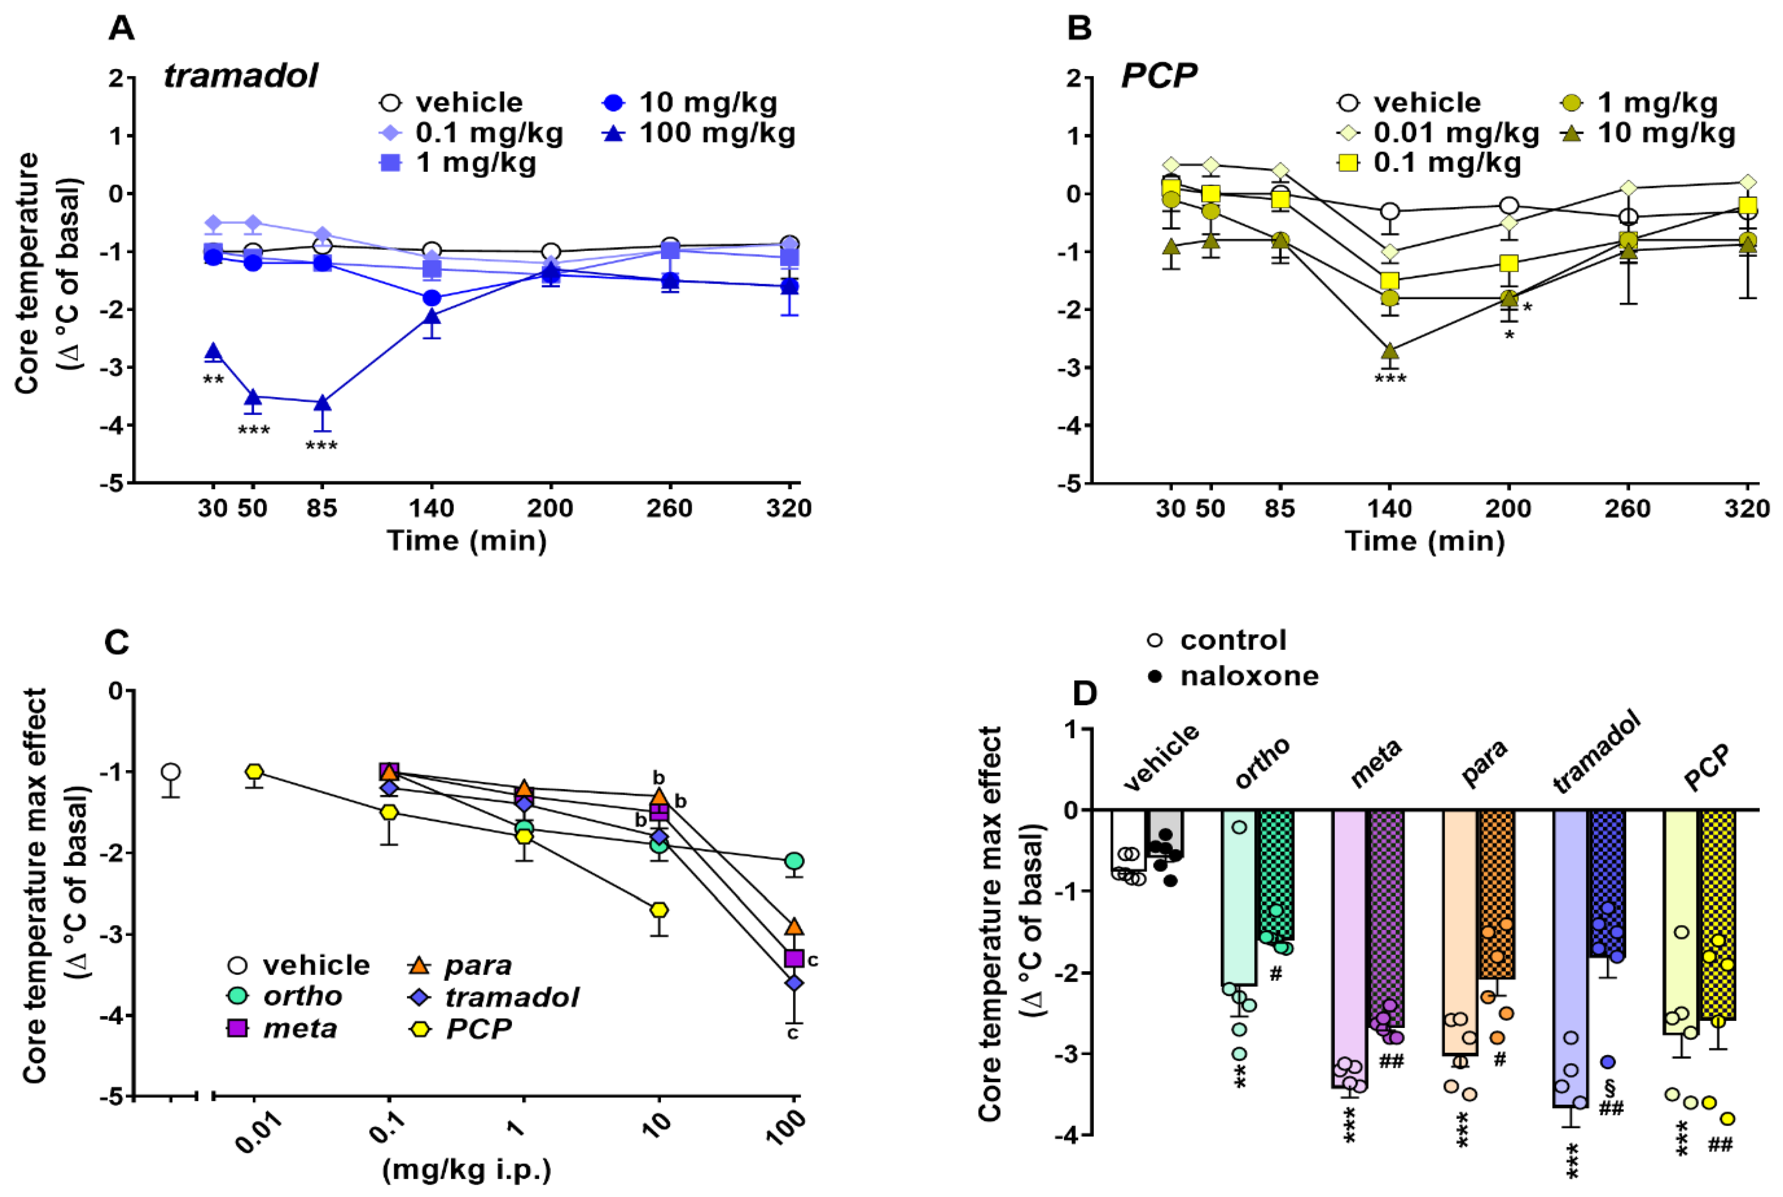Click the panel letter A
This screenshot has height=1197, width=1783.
pyautogui.click(x=122, y=29)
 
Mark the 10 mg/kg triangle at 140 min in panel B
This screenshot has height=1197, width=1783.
pyautogui.click(x=1390, y=351)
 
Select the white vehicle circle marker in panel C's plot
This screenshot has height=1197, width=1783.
pyautogui.click(x=171, y=772)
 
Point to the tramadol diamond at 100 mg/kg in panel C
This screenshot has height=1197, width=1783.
pyautogui.click(x=794, y=983)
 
